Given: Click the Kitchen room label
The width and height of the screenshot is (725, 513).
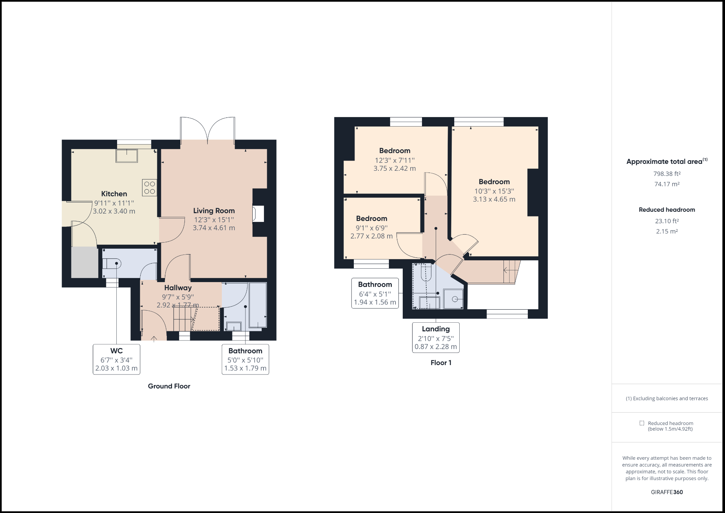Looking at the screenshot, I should coord(114,194).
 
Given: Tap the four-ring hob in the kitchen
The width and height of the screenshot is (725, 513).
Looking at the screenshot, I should coord(149,187).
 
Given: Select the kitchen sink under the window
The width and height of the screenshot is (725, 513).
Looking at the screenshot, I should coord(127,156).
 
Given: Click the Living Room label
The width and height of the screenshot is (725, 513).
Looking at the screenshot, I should coord(214,211).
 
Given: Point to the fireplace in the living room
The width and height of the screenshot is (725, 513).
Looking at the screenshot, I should coord(258,214).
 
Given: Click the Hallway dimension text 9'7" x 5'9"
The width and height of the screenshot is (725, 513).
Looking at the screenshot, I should coord(178,297).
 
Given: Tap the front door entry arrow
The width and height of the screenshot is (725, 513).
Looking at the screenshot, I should coord(154,339).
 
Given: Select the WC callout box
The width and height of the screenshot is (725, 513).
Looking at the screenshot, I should coord(116,359).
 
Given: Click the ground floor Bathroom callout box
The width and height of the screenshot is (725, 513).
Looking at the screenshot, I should coord(245,359).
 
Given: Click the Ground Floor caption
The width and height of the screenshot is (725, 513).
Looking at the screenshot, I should coord(169,386).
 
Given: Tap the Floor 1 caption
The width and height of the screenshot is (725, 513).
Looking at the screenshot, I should coord(441,363).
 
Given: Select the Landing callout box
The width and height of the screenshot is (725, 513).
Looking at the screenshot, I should coord(436,338).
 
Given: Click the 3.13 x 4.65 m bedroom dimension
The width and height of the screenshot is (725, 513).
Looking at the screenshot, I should coord(494,199).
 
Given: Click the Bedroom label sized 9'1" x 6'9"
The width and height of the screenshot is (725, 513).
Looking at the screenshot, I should coord(372,219).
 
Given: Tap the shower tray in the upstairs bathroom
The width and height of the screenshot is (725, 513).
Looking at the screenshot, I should coord(453,299).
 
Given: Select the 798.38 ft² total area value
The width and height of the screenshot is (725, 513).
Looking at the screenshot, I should coord(667,174).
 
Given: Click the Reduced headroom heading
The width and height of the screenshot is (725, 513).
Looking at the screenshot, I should coord(667,210).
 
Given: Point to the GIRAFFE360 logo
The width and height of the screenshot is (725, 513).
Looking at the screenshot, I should coord(667,492).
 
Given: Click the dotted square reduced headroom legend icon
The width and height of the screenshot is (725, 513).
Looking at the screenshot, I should coord(642,423).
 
